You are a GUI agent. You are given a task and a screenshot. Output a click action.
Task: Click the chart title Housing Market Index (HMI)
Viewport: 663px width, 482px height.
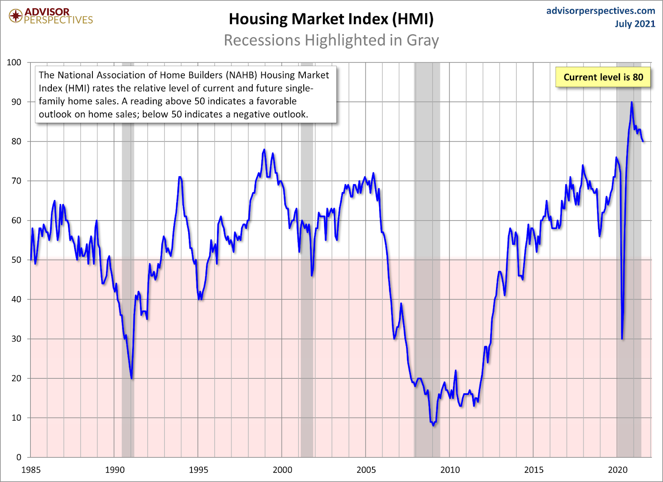coord(331,19)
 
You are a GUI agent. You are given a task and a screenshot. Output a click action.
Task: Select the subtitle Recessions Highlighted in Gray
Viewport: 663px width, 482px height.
coord(331,40)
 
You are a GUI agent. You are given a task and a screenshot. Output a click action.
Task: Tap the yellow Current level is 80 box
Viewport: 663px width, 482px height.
coord(603,77)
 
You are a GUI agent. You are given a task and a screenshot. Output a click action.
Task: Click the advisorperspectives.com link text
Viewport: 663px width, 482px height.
coord(600,11)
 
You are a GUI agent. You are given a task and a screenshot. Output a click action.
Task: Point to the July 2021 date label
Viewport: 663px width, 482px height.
coord(635,24)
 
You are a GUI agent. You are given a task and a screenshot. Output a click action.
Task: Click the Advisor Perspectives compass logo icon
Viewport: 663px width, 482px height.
coord(16,16)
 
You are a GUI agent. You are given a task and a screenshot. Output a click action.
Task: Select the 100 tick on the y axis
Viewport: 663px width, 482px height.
coord(14,62)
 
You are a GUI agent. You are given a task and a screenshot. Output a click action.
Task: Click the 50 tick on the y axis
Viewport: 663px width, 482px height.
coord(16,260)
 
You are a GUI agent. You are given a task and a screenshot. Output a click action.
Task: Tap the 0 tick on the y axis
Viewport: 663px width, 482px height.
coord(19,457)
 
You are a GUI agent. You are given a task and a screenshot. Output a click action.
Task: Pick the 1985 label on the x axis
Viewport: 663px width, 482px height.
coord(31,470)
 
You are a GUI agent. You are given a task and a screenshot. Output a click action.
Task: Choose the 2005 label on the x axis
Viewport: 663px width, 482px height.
coord(366,470)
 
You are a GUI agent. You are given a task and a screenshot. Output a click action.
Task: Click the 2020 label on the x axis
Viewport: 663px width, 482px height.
coord(618,470)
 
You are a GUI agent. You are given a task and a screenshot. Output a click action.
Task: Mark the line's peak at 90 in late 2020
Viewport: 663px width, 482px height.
coord(632,102)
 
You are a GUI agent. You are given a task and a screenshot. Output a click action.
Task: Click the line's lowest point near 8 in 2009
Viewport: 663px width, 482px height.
coord(433,425)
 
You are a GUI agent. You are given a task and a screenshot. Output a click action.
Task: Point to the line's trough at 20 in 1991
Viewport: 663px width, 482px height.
coord(132,378)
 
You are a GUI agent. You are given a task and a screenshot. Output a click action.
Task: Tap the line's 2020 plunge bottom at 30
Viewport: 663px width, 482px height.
coord(622,338)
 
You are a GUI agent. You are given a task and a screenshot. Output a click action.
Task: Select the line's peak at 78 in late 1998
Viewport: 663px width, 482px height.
coord(264,150)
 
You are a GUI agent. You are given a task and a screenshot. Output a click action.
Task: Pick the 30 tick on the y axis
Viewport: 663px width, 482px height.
coord(16,339)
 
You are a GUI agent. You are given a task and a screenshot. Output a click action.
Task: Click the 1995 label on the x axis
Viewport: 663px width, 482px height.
coord(198,470)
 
